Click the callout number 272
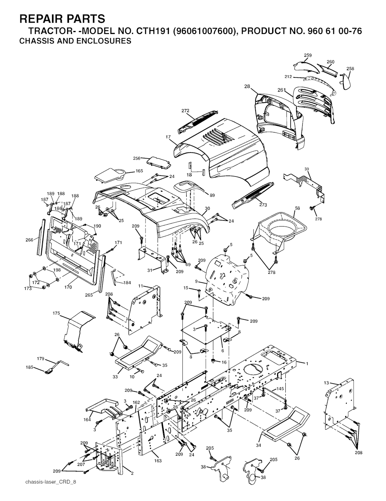click(185, 111)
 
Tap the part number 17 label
click(168, 137)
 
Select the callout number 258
click(350, 68)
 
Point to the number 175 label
click(56, 313)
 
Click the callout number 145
click(280, 388)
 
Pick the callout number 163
click(158, 461)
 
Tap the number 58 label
click(297, 208)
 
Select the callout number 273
click(263, 205)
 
